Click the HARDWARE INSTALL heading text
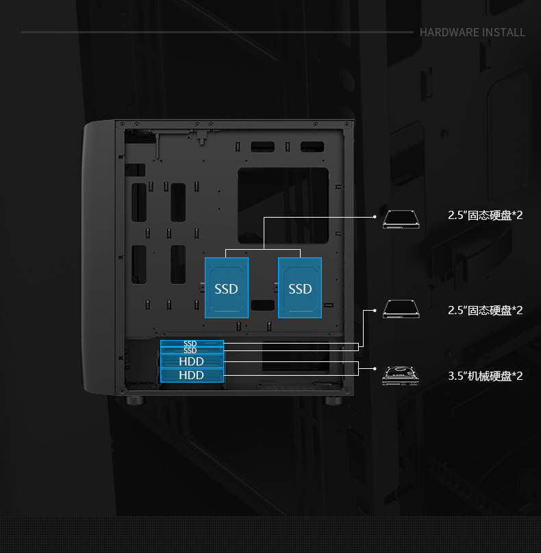472,32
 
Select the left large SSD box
226,287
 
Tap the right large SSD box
300,287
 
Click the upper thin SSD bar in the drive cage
191,343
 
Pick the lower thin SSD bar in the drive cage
191,350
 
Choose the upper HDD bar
192,361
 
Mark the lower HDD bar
192,375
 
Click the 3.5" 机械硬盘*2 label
486,376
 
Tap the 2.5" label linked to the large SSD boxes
486,216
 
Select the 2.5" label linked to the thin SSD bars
486,310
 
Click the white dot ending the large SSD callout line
375,216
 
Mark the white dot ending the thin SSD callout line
375,311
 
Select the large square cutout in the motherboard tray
283,205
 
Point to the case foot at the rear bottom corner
334,400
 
